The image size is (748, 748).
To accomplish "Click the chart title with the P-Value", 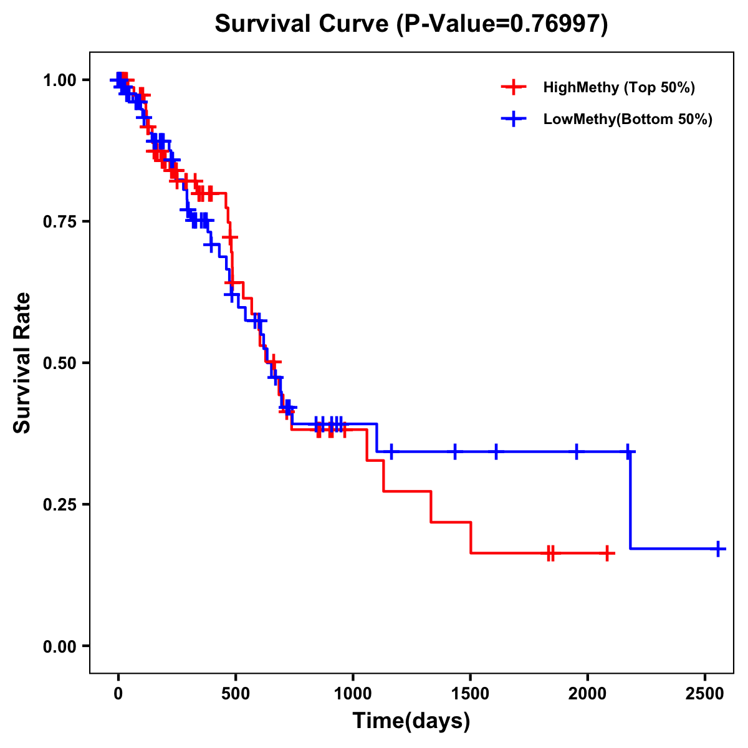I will tap(411, 24).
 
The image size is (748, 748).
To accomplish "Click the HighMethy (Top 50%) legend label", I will tap(618, 87).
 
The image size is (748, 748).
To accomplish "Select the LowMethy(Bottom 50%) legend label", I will tap(627, 120).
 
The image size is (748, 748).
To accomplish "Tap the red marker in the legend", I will tap(514, 87).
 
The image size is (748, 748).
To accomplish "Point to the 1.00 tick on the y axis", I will tap(59, 80).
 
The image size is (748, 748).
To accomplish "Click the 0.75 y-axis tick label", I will tap(59, 222).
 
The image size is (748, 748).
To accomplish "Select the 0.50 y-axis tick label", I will tap(59, 363).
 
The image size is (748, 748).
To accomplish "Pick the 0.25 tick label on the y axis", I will tap(59, 505).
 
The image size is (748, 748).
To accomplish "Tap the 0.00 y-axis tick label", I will tap(59, 646).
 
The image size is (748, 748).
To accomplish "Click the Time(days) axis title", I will tap(411, 721).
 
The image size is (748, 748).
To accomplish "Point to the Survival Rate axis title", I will tap(23, 363).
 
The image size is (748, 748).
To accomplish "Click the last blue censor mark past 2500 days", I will tap(718, 549).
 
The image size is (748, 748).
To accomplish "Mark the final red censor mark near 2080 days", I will tap(607, 553).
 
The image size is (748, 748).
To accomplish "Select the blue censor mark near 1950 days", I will tap(576, 451).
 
